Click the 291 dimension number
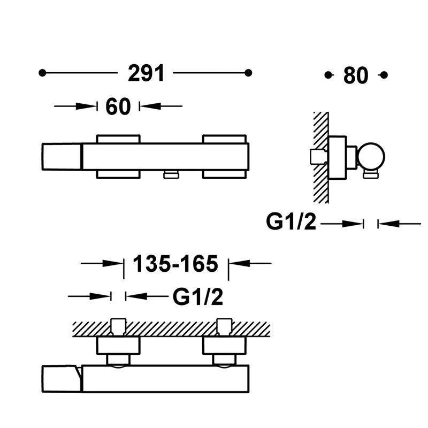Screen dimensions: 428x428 pos(146,73)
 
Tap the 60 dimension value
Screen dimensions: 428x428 pos(118,106)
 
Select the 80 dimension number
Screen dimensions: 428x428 pos(356,75)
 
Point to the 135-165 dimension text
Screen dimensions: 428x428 pos(175,264)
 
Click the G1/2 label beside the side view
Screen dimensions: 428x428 pos(291,221)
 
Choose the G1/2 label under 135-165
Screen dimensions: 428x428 pos(198,297)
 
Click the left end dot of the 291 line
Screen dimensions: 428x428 pos(42,73)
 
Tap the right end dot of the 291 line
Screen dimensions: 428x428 pos(248,73)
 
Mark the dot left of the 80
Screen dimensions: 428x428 pos(328,75)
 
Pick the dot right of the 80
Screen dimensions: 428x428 pos(384,75)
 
